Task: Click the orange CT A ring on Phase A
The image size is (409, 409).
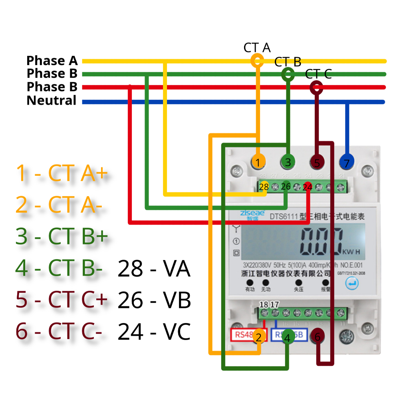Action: click(257, 61)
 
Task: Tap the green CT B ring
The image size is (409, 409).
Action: click(288, 74)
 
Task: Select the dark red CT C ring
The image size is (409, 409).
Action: click(317, 87)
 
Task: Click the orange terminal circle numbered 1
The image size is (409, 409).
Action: click(258, 162)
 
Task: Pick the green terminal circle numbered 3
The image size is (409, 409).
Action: click(288, 162)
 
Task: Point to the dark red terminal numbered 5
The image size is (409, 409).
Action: click(317, 163)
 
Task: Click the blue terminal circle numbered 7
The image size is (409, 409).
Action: click(346, 163)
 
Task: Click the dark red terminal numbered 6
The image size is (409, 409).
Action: click(318, 337)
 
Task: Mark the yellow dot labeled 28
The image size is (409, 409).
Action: click(264, 186)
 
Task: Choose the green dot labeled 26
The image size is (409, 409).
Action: click(286, 186)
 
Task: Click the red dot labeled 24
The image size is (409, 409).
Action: click(308, 186)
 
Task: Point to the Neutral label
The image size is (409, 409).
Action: click(51, 100)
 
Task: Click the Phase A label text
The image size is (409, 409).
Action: click(52, 61)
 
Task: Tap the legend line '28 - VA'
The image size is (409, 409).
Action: click(154, 268)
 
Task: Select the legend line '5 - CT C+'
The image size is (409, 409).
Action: click(62, 300)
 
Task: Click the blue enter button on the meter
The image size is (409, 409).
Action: click(352, 283)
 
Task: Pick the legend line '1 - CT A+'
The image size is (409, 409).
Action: click(62, 173)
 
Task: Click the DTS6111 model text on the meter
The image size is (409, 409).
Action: click(281, 216)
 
